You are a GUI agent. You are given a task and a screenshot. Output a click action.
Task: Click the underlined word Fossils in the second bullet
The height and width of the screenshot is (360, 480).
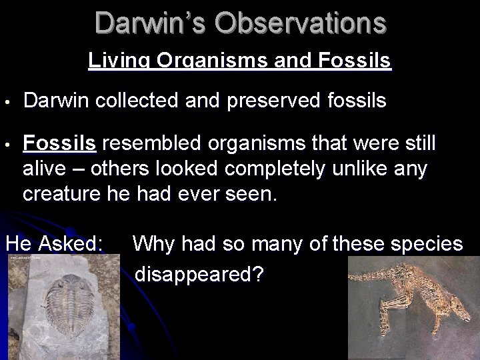[x=60, y=143]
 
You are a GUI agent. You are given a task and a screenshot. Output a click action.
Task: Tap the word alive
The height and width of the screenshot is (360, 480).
[x=46, y=169]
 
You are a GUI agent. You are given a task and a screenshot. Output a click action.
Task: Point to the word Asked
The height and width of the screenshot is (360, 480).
[x=77, y=243]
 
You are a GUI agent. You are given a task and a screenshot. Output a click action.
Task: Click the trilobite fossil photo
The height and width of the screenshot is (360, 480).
[x=53, y=307]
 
